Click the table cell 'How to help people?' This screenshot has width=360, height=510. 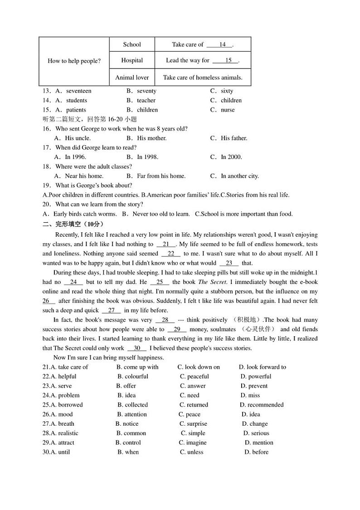[74, 61]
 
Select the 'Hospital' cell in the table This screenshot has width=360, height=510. [132, 60]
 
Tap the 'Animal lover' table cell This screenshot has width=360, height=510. [132, 78]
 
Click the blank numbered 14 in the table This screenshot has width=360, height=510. [222, 44]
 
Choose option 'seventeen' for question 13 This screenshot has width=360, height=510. [78, 91]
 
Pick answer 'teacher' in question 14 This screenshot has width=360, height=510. [146, 100]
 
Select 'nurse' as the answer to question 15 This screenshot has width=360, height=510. [228, 110]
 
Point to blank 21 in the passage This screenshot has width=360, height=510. [165, 244]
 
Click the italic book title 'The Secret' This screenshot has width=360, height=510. [212, 282]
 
